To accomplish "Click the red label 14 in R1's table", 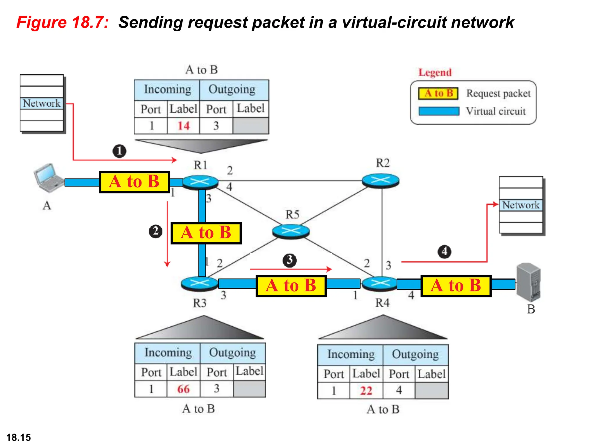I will coord(183,126).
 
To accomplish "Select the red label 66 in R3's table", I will coord(183,389).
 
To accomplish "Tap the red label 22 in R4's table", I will coord(366,391).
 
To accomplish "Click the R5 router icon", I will coord(291,231).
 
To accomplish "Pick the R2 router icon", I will coord(380,180).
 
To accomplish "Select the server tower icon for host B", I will coord(528,282).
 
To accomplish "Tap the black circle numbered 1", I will coord(119,151).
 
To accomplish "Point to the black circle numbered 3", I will coord(290,260).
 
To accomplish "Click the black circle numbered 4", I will coord(445,251).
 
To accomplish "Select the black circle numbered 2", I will coord(156,231).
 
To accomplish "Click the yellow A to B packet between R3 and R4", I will coord(291,286).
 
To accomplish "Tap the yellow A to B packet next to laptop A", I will coord(134,182).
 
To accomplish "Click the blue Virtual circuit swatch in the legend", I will coord(439,111).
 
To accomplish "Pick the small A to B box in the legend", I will coord(438,93).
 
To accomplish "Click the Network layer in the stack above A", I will coord(42,103).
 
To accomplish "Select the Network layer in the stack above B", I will coord(521,205).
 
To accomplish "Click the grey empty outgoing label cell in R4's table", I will coord(431,391).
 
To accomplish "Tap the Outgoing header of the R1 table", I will coord(232,89).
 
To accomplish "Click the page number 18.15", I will coord(19,437).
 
